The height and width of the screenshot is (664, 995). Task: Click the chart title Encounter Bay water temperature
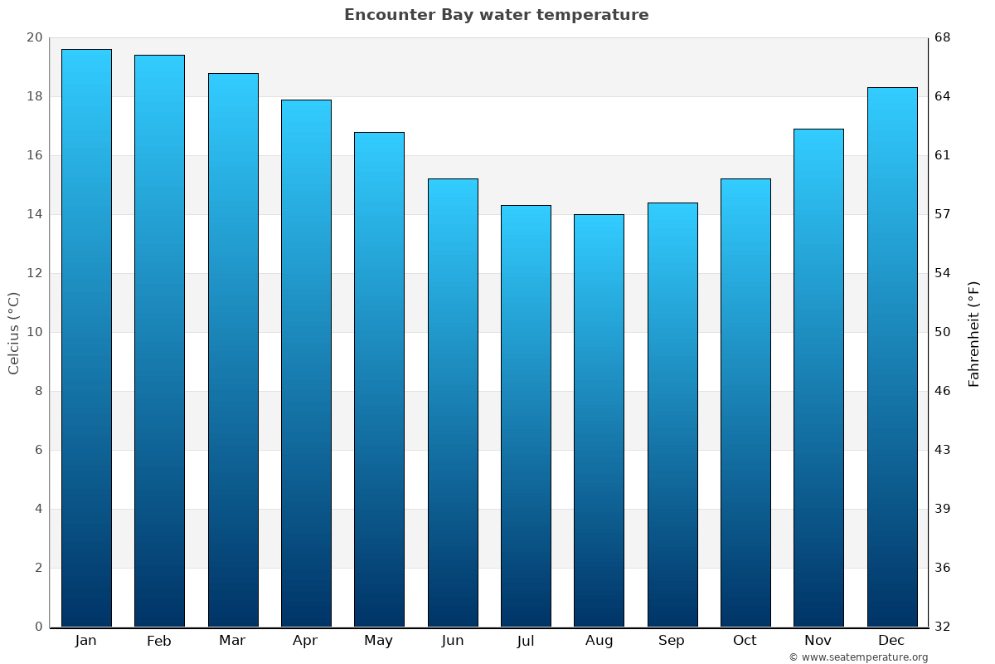point(496,15)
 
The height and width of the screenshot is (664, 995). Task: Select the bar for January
point(86,338)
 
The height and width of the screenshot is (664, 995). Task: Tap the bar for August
point(599,420)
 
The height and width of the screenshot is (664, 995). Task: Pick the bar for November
point(818,378)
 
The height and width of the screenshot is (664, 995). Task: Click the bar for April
point(306,363)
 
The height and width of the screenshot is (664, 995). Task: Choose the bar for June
point(453,403)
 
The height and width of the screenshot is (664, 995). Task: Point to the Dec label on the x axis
point(891,641)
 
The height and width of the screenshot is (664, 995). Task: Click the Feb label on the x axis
point(159,641)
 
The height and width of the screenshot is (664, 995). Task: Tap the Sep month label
point(672,641)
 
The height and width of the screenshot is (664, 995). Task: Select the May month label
point(379,641)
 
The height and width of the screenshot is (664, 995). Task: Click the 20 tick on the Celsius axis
point(34,37)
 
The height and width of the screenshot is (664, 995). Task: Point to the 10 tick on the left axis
point(34,332)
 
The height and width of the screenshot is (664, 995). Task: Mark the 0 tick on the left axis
point(38,627)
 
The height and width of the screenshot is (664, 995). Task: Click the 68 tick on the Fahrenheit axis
point(944,37)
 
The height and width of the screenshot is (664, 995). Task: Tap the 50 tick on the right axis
point(944,332)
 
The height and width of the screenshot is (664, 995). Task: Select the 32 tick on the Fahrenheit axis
point(944,627)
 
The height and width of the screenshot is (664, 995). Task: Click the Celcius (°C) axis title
point(14,333)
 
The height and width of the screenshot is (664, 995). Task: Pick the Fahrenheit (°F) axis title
point(974,333)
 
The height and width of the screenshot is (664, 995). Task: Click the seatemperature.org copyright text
point(857,657)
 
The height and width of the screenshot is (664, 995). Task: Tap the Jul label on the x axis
point(526,641)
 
